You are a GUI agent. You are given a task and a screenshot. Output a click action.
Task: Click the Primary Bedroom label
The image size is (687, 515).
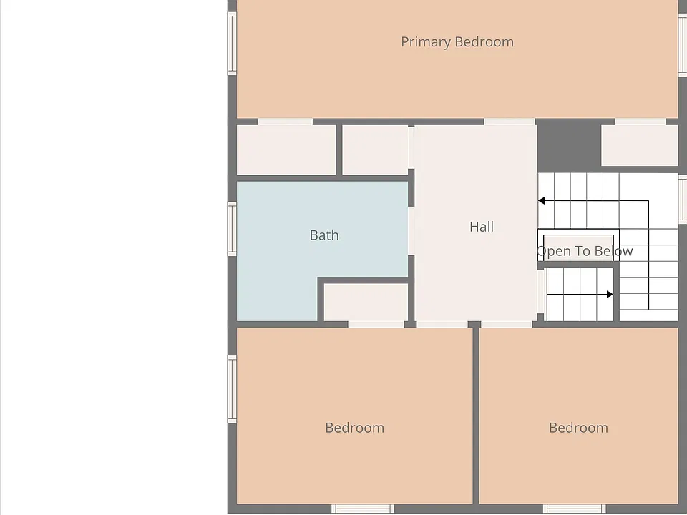tap(457, 42)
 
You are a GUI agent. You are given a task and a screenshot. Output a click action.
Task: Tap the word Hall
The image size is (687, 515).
tap(482, 227)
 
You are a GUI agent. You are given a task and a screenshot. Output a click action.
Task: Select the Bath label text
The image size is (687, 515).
tap(324, 235)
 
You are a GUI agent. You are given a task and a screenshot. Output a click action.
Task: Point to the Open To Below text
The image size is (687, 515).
tap(585, 251)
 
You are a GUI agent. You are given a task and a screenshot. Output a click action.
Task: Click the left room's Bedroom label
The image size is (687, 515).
tap(354, 428)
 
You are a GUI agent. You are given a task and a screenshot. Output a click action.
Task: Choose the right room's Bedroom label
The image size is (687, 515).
tap(578, 428)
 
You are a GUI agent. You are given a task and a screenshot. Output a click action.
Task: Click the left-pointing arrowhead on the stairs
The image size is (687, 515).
tap(541, 200)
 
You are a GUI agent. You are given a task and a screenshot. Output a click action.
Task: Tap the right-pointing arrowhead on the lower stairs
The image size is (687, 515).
tap(610, 295)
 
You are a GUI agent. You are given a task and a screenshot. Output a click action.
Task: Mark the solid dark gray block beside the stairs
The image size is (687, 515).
tap(569, 146)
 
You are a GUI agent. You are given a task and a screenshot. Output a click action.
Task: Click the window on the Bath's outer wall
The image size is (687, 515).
tap(232, 229)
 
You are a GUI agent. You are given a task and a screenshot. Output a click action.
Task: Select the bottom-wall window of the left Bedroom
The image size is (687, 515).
tap(362, 509)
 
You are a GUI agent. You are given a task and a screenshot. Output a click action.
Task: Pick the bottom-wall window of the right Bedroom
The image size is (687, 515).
tap(575, 509)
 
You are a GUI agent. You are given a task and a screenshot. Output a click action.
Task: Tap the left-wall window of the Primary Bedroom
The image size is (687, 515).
tap(232, 44)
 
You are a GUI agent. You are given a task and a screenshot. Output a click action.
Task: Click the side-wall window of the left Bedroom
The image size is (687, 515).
tap(232, 389)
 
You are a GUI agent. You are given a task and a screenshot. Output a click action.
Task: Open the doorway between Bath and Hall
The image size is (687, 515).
tap(411, 231)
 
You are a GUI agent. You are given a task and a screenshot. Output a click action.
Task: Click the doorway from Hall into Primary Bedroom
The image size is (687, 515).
tap(510, 122)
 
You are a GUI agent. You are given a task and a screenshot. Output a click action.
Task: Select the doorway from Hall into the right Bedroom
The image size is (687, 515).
tap(507, 324)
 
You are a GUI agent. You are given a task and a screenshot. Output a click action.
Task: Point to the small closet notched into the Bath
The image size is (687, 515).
tap(366, 302)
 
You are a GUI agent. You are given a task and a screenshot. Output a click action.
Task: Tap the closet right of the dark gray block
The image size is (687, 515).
tap(639, 145)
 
